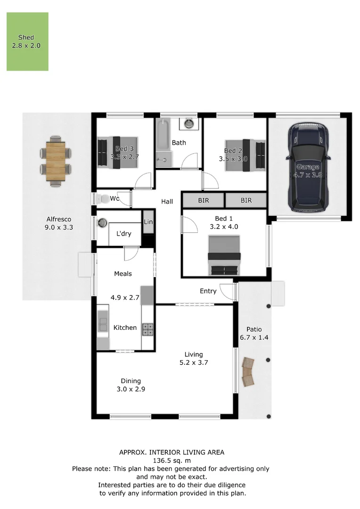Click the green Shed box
[x=27, y=41]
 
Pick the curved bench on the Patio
[x=248, y=372]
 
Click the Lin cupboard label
[x=148, y=222]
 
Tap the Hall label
[x=167, y=202]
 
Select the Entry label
[x=208, y=291]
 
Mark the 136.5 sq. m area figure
[x=172, y=460]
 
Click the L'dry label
[x=123, y=234]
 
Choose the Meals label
[x=123, y=274]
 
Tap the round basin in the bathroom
[x=189, y=124]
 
